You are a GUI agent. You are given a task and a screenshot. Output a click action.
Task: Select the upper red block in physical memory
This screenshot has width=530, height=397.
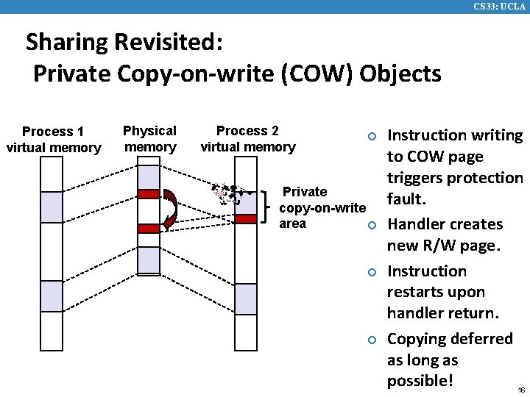pyautogui.click(x=149, y=193)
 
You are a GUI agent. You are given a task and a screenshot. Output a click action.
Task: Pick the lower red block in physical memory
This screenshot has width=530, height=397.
pyautogui.click(x=149, y=229)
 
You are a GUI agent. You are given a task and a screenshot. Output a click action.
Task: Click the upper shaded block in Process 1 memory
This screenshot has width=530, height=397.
pyautogui.click(x=52, y=207)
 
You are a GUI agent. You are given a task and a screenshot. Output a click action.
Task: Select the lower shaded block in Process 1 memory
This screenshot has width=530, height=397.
pyautogui.click(x=52, y=296)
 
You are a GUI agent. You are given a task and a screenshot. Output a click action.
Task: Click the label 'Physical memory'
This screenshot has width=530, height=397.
pyautogui.click(x=149, y=138)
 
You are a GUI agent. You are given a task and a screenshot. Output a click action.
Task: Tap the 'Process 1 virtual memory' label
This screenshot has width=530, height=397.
pyautogui.click(x=53, y=140)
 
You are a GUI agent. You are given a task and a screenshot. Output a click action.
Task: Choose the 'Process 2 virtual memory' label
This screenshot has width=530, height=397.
pyautogui.click(x=247, y=138)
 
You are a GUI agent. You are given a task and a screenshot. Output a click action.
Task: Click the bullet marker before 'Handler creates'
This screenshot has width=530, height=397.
pyautogui.click(x=372, y=225)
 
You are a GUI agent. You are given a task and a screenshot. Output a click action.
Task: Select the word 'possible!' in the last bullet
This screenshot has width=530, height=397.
pyautogui.click(x=420, y=381)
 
